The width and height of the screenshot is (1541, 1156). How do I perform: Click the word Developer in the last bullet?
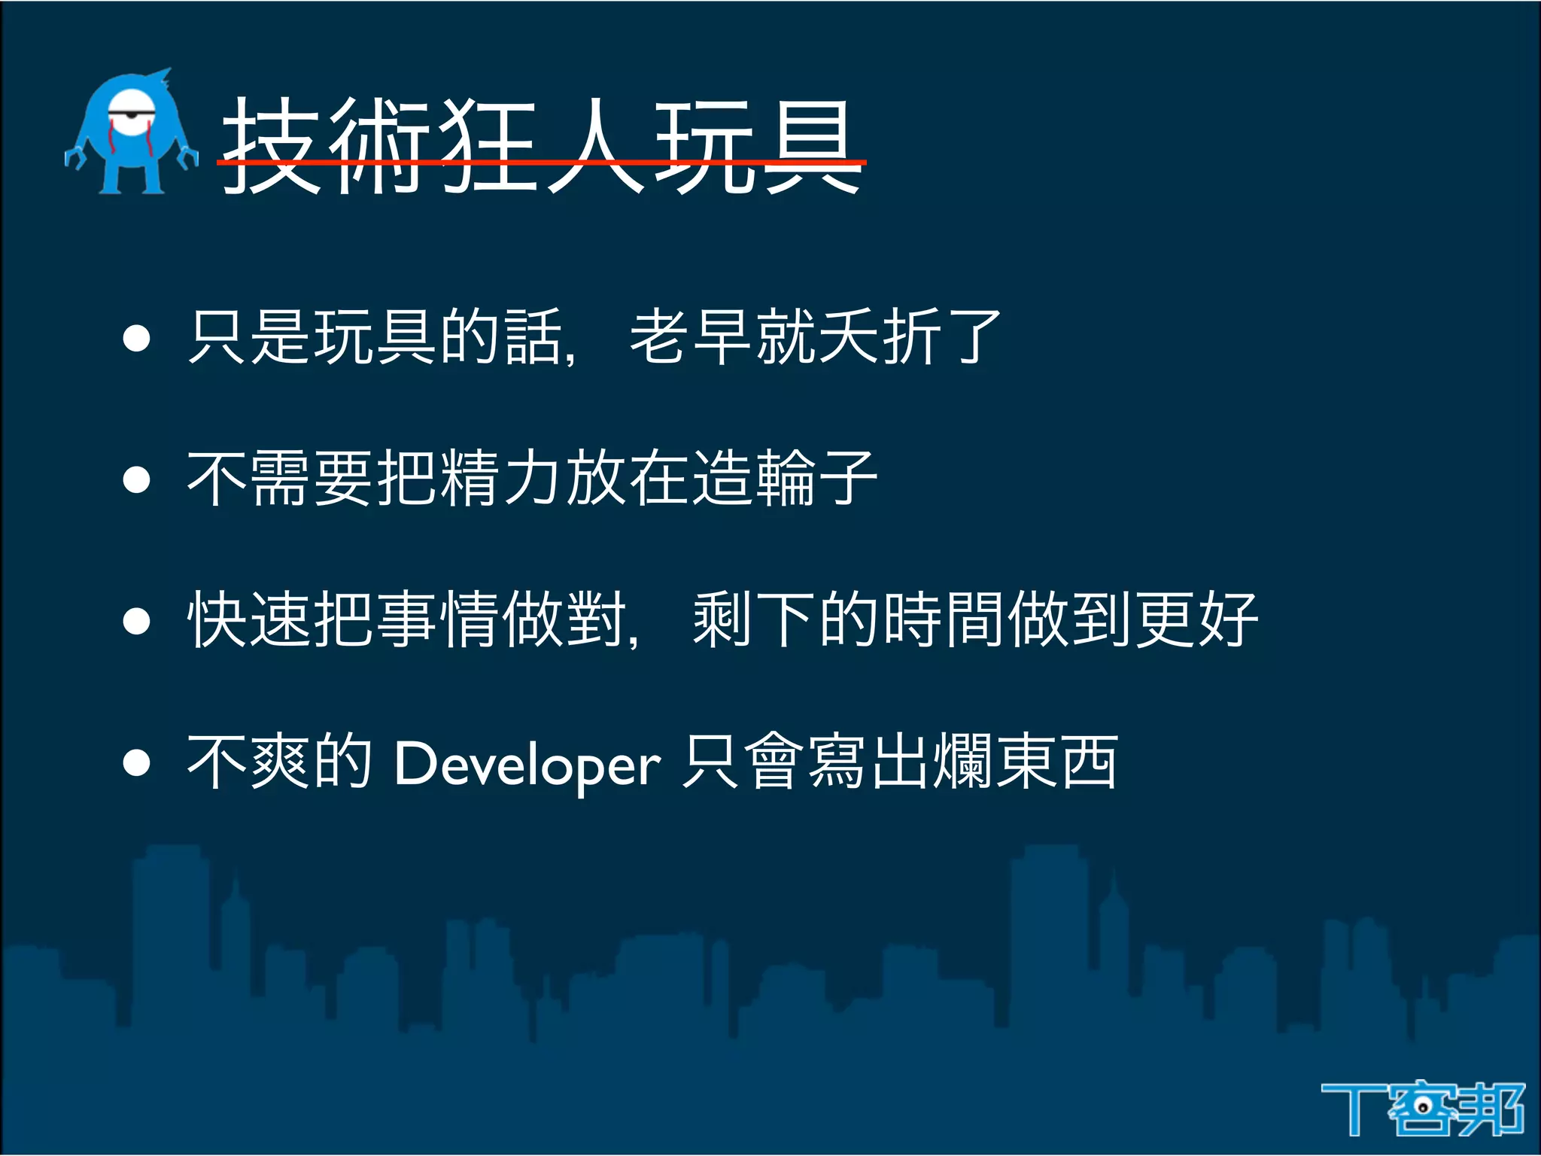[x=527, y=765]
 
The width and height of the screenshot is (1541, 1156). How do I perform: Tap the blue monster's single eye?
[x=131, y=114]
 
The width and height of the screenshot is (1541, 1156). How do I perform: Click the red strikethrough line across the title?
[x=542, y=160]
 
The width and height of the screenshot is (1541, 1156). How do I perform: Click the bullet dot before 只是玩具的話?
[x=137, y=339]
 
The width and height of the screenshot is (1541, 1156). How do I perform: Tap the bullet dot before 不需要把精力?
[x=137, y=479]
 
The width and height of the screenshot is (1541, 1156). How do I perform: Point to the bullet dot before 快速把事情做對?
[x=137, y=621]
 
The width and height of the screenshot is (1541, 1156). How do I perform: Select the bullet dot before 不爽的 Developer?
[x=137, y=762]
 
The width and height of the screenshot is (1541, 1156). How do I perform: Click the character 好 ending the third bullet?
[x=1228, y=619]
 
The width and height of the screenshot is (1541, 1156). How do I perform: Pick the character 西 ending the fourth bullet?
[x=1089, y=762]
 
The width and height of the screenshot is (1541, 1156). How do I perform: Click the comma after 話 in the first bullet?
[x=570, y=357]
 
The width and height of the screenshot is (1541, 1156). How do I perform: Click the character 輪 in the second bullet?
[x=786, y=478]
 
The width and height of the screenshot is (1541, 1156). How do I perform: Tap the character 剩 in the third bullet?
[x=722, y=619]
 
